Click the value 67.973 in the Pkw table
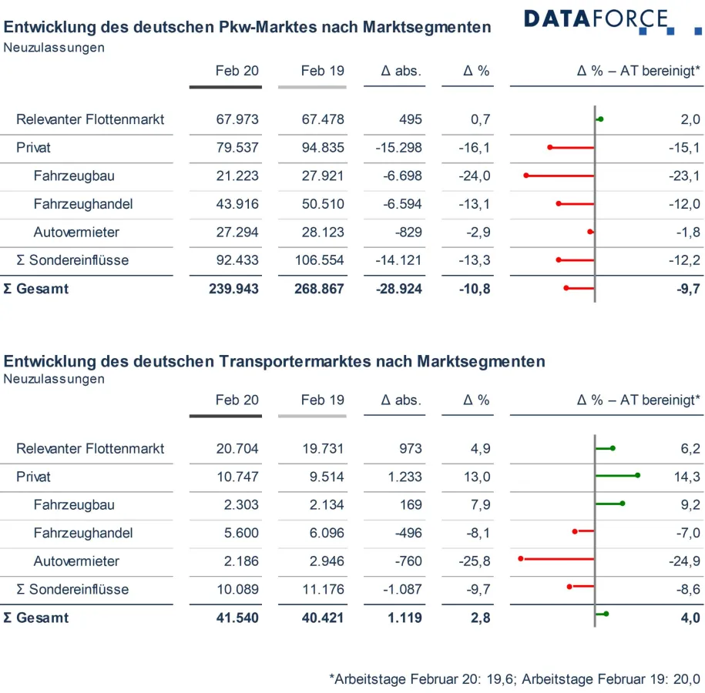tap(237, 119)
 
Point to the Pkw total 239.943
tap(233, 289)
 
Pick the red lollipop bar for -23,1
tap(560, 176)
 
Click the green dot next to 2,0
tap(600, 119)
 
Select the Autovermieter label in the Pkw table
tap(76, 232)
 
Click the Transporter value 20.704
tap(237, 449)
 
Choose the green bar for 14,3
tap(616, 475)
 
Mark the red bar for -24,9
tap(557, 559)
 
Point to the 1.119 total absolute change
tap(403, 618)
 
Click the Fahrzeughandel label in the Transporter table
tap(83, 533)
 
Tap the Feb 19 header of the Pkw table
tap(322, 71)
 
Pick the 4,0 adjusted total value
tap(690, 618)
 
